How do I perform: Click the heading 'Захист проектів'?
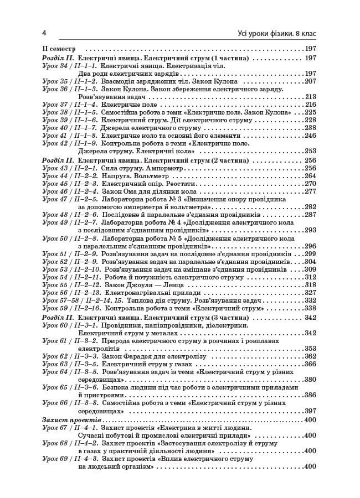pos(68,420)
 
